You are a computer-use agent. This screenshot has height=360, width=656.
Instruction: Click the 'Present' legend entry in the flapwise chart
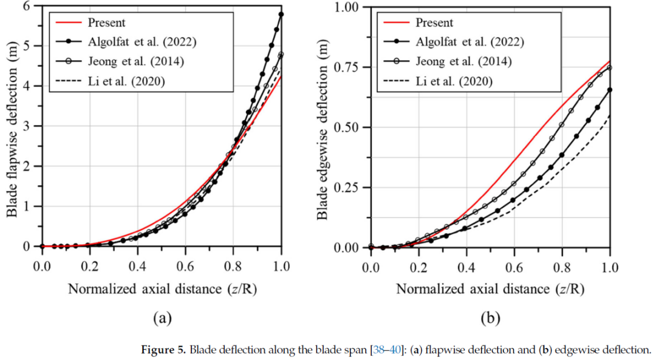(x=106, y=23)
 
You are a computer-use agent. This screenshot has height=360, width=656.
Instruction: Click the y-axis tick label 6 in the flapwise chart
(x=26, y=6)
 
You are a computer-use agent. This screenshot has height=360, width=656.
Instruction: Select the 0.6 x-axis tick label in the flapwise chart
(x=185, y=265)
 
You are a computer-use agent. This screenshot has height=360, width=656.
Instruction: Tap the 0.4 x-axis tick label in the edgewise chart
(x=466, y=265)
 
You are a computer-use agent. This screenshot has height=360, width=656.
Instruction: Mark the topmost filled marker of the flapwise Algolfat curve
(x=281, y=14)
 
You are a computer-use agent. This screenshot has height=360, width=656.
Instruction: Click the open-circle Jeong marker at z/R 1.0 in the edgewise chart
(x=610, y=67)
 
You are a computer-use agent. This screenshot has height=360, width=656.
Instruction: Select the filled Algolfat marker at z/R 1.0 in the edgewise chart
(x=610, y=90)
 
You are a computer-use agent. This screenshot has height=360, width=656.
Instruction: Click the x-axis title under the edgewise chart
(x=490, y=288)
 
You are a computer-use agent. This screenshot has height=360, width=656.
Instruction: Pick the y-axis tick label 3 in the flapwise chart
(x=26, y=126)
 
